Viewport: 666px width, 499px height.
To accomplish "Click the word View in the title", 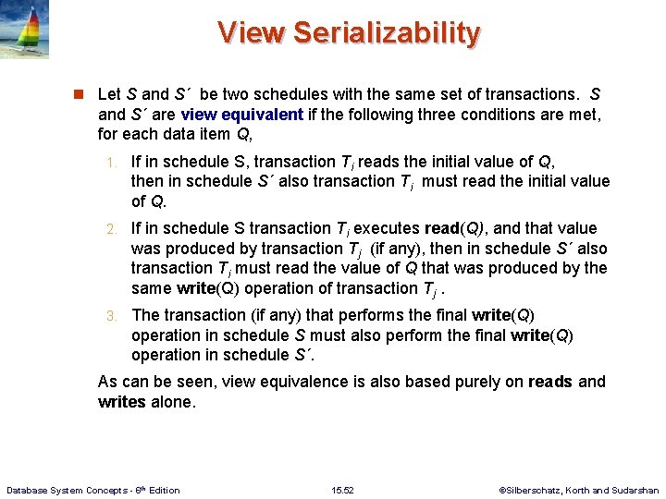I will pyautogui.click(x=252, y=33).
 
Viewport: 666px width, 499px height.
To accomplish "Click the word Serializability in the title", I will pyautogui.click(x=387, y=33).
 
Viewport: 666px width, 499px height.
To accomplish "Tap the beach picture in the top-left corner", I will pyautogui.click(x=25, y=30).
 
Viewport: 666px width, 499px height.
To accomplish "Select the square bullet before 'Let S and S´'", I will pyautogui.click(x=80, y=94).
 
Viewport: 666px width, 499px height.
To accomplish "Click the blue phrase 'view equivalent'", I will pyautogui.click(x=242, y=115).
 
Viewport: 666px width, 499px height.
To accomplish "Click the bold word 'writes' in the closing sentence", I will pyautogui.click(x=121, y=402).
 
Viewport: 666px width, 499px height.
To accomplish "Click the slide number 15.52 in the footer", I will pyautogui.click(x=343, y=490).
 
